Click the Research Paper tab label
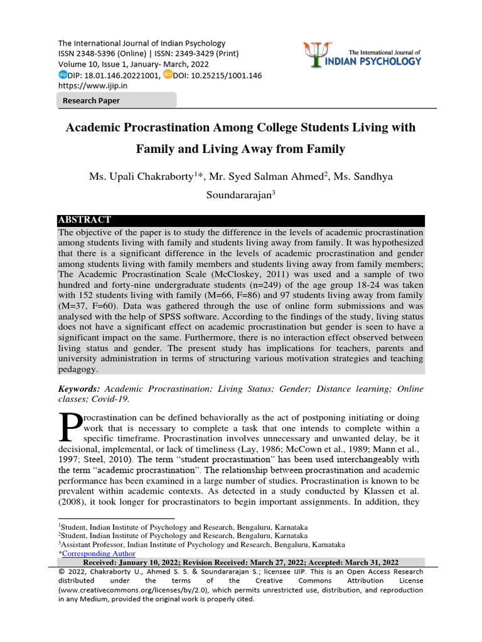[91, 100]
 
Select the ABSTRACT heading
[85, 220]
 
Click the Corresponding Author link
[99, 554]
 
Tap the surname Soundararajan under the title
[239, 195]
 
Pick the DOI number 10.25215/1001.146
[217, 75]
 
